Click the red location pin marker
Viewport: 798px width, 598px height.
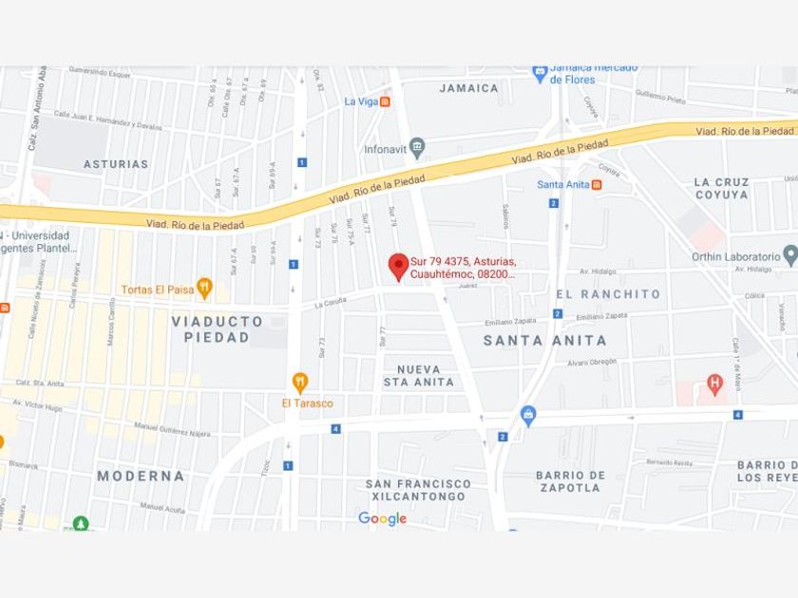point(399,266)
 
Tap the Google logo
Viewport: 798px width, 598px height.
point(382,518)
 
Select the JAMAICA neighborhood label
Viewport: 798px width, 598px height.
point(469,88)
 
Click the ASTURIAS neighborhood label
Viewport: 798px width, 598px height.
point(116,164)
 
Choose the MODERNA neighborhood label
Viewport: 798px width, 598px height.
point(141,476)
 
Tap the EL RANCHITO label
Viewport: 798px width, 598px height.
point(608,294)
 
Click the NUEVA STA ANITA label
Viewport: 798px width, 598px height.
point(418,376)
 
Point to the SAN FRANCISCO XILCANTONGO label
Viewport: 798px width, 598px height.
point(417,490)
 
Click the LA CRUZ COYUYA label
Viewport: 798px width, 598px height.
point(721,188)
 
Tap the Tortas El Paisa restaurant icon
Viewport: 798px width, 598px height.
point(204,289)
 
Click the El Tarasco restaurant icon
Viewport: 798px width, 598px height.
point(300,383)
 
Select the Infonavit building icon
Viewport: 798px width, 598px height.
point(417,148)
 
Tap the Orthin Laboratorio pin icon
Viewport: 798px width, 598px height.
point(790,254)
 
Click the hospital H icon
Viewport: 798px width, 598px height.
point(715,383)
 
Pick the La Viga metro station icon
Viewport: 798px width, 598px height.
point(385,102)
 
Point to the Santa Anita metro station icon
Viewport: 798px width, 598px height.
point(597,184)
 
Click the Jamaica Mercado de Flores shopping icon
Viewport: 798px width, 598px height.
point(540,72)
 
